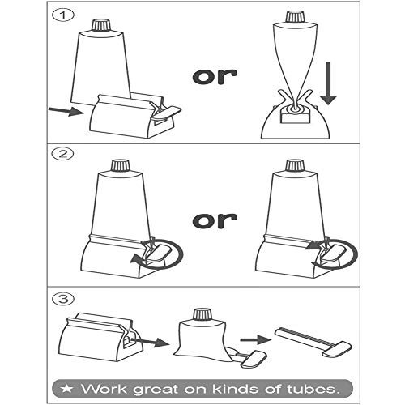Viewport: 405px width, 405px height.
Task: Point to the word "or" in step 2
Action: [x=214, y=218]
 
